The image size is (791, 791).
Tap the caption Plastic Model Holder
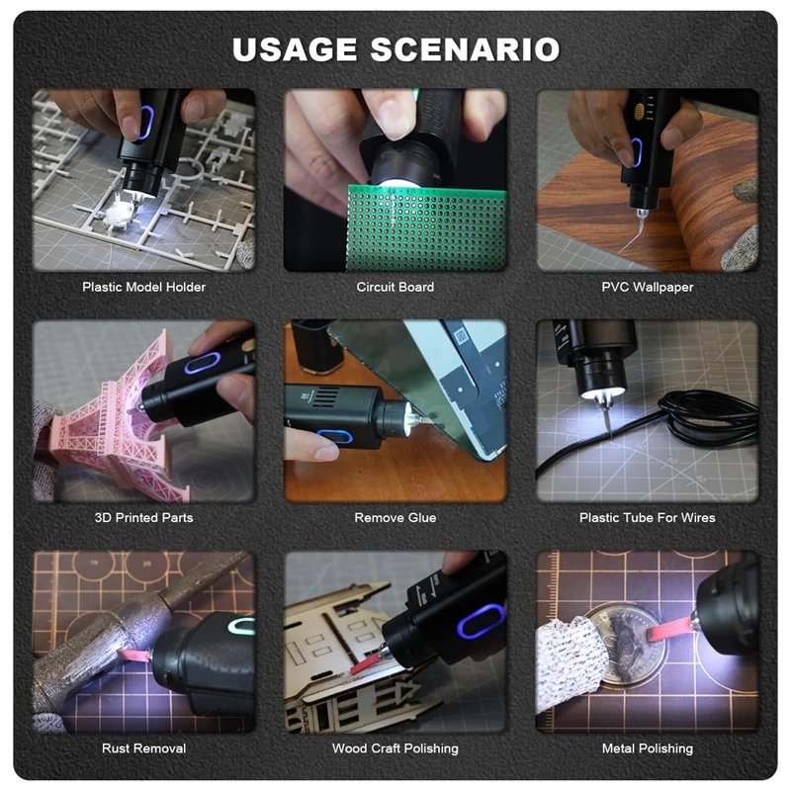coord(143,287)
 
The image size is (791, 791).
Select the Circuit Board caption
coord(395,287)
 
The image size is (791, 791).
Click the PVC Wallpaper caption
coord(648,287)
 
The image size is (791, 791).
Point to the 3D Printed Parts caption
coord(143,517)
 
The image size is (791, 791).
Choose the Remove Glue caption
coord(395,517)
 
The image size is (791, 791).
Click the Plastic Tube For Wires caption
coord(648,517)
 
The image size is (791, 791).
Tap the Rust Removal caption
coord(143,748)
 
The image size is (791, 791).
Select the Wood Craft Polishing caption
coord(395,748)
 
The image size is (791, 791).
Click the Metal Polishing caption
coord(648,748)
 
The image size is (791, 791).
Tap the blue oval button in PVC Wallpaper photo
coord(636,151)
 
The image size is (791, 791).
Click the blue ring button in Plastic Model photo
coord(144,125)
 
